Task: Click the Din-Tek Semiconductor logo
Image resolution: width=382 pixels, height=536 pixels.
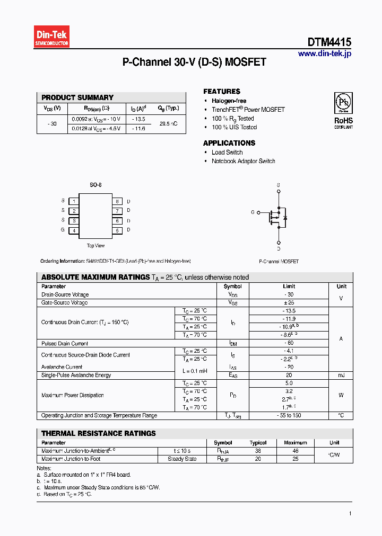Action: [52, 37]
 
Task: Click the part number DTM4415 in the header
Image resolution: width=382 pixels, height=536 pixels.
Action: [329, 42]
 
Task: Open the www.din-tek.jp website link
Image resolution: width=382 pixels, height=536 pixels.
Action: [324, 53]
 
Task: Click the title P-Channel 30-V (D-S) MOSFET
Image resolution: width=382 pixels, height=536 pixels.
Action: [194, 62]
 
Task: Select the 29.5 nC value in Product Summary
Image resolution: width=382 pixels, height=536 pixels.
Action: [169, 123]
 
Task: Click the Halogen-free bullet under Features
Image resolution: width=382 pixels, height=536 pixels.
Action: [229, 101]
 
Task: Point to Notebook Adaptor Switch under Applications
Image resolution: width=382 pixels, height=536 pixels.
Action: [243, 161]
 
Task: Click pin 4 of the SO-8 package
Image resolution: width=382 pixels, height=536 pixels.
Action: [74, 230]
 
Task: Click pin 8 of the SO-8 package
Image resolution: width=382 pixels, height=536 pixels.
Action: [117, 201]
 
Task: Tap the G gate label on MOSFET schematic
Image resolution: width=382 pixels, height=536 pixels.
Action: [253, 212]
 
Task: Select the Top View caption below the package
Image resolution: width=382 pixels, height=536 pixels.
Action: [95, 246]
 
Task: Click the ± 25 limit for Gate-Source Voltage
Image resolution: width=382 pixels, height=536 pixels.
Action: [289, 302]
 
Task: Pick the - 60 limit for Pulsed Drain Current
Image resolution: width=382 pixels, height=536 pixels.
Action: [289, 343]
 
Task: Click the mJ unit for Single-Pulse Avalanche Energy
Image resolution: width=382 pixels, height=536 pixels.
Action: [341, 375]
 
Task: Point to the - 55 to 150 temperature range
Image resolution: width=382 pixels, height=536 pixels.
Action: [289, 415]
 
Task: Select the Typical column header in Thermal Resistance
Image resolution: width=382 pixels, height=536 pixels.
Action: [258, 443]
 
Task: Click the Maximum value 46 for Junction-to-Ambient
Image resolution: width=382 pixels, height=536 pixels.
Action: [296, 451]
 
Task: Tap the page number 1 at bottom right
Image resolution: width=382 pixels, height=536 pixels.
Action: [350, 513]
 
